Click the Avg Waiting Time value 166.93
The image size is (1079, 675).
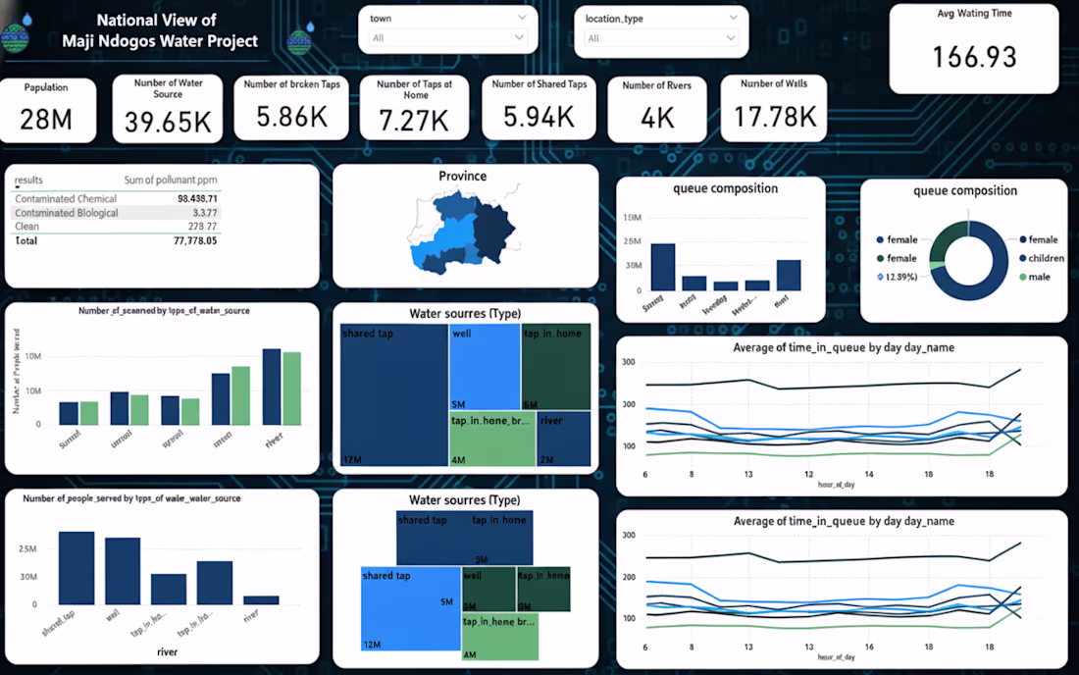click(x=974, y=57)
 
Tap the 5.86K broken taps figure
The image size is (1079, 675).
click(x=291, y=117)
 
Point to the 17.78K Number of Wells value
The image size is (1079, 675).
click(x=774, y=117)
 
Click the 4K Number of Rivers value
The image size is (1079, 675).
click(x=657, y=118)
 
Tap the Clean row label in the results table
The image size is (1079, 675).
click(x=27, y=227)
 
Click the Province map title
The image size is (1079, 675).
click(x=462, y=177)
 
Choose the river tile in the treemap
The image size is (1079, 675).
click(x=563, y=439)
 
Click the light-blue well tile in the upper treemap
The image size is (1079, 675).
click(x=485, y=367)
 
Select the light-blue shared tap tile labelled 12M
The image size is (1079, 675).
click(x=410, y=608)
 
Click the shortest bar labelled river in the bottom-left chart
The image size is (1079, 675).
click(x=261, y=599)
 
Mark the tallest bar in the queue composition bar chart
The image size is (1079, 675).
click(x=663, y=267)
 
